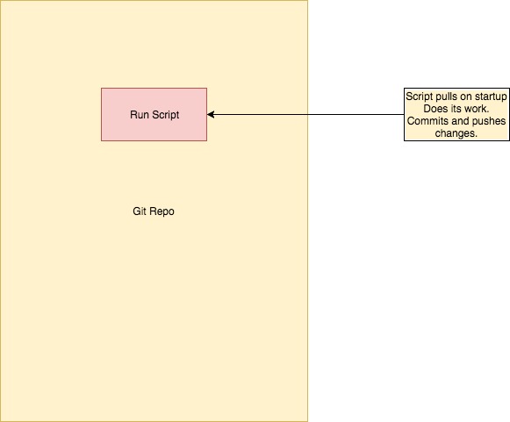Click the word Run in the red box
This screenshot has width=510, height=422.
pos(139,115)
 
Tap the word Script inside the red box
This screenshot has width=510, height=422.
pos(164,115)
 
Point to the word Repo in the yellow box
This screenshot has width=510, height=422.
pos(162,211)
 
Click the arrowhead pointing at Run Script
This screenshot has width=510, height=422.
pos(212,114)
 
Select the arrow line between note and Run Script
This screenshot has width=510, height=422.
pos(307,114)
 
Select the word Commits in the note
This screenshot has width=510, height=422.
pos(426,121)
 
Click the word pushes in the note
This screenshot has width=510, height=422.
pos(486,121)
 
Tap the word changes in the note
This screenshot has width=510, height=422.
pos(456,133)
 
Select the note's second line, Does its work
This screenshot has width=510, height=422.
pos(456,109)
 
